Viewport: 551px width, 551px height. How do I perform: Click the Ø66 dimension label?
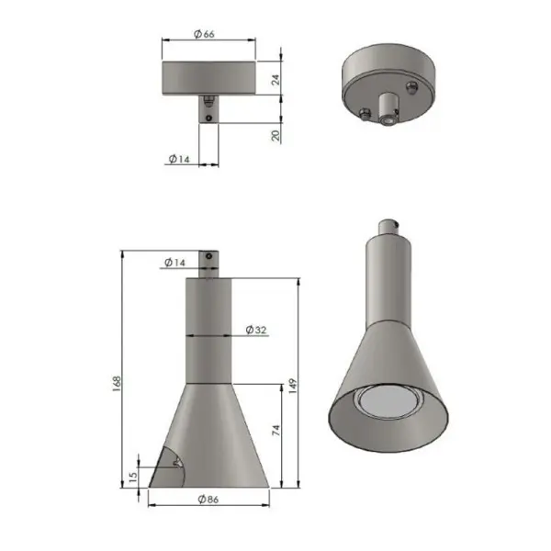point(204,34)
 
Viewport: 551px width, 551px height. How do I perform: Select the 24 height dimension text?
point(276,80)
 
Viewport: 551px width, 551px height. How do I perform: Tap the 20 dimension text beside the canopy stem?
point(276,136)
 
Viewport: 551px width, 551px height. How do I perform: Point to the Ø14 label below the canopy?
point(179,159)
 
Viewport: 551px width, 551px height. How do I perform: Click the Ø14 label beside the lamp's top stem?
point(174,263)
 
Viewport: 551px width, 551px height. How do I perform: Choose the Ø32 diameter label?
point(256,330)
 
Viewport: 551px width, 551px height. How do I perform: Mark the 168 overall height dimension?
point(117,381)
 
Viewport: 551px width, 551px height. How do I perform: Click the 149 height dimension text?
point(293,387)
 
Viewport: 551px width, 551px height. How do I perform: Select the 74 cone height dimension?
point(276,431)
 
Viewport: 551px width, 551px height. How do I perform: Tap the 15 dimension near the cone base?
point(133,477)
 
